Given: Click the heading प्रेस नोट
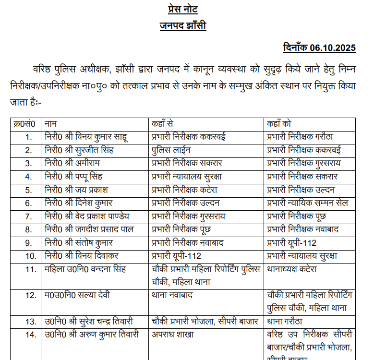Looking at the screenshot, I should (183, 9).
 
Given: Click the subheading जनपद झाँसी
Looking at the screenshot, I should (183, 26).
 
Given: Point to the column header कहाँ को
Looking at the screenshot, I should (281, 123).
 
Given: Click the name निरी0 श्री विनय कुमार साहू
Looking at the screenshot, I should (86, 136).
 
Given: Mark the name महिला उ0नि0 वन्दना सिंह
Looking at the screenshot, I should (85, 269).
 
